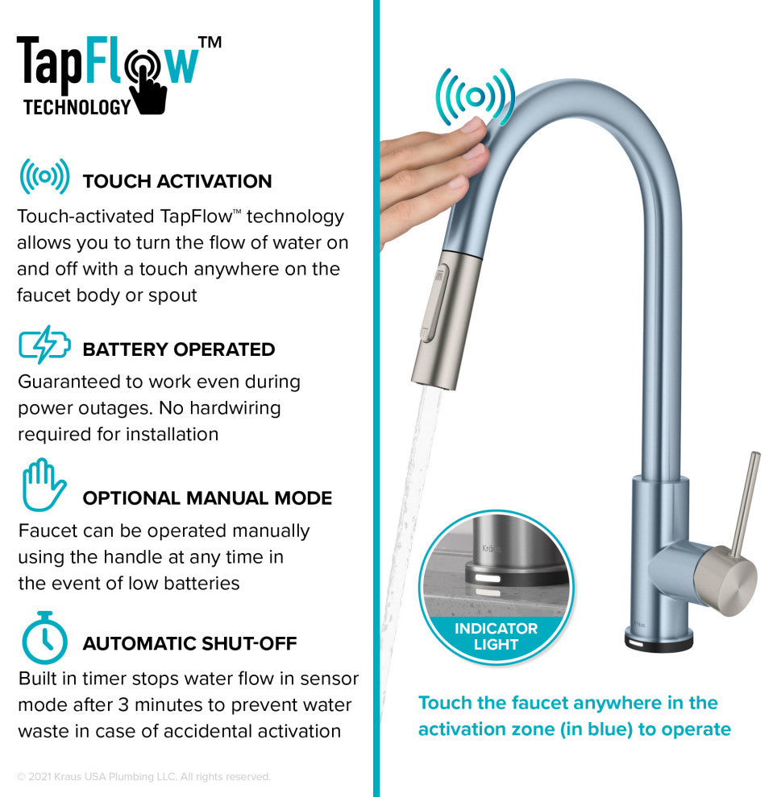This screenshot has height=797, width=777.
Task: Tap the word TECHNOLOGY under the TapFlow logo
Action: (77, 106)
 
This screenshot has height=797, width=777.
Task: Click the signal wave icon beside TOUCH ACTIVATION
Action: (44, 176)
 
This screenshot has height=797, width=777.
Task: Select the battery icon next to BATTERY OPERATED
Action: (44, 345)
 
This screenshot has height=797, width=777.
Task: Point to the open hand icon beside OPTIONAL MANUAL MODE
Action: (44, 484)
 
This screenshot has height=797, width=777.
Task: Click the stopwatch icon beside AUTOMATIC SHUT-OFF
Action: (44, 638)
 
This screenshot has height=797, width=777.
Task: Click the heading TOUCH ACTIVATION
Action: (177, 181)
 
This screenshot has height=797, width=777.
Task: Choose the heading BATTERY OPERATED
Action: (178, 349)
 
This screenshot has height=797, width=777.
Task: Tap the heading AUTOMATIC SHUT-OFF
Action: (189, 643)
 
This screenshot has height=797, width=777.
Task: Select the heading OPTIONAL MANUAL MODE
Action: (207, 498)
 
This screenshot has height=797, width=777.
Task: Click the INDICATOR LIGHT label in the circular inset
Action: (496, 637)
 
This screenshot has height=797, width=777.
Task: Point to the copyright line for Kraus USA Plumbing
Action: (143, 777)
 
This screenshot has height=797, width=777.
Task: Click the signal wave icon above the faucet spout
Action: (475, 97)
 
